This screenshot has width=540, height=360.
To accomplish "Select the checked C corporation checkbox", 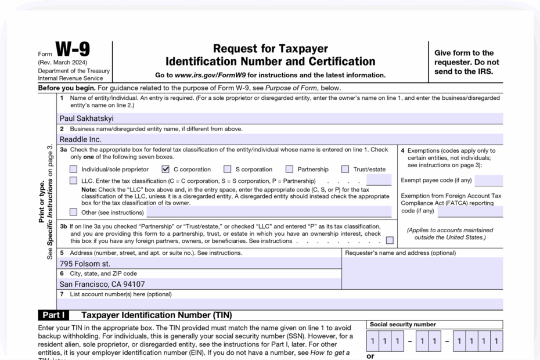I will click(x=165, y=170).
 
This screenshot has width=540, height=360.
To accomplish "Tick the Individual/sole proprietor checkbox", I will click(x=73, y=170).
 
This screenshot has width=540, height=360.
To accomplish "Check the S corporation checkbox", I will click(x=227, y=170).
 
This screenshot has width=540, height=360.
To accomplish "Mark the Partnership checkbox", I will click(x=289, y=170).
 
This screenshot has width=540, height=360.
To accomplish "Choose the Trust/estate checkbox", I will click(x=345, y=170).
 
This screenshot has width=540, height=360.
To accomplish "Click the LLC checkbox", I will click(x=73, y=181).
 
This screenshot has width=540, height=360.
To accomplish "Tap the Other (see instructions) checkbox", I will click(x=73, y=212).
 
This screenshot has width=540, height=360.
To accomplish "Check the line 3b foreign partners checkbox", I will click(x=389, y=240).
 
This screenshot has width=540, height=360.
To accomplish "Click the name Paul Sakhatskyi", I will click(x=87, y=118).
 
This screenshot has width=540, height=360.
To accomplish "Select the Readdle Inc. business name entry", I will click(x=81, y=139).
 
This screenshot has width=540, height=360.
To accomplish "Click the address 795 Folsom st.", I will click(x=85, y=264).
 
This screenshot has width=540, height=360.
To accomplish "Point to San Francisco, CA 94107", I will click(x=102, y=284).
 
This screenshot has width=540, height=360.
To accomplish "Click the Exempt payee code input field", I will click(x=489, y=181).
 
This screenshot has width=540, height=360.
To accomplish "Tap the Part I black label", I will click(x=53, y=315).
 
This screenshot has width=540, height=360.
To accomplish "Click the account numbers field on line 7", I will click(x=279, y=304).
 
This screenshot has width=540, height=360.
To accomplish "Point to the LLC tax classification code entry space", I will click(x=379, y=181).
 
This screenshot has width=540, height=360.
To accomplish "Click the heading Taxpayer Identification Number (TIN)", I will click(x=156, y=315).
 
